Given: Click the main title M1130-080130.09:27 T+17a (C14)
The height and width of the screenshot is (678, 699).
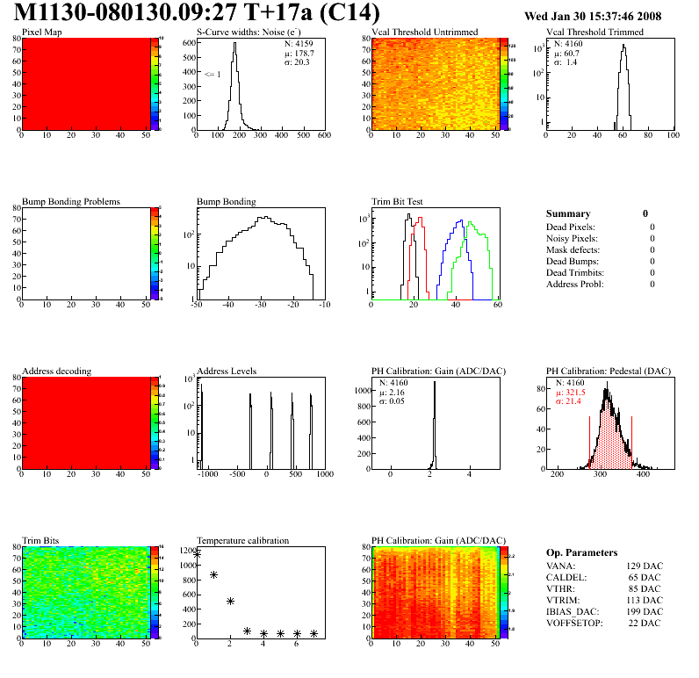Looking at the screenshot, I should click(x=198, y=14).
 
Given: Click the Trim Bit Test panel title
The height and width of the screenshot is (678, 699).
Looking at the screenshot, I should click(x=398, y=202).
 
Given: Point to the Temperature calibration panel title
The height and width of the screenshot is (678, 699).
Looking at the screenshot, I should click(x=242, y=541).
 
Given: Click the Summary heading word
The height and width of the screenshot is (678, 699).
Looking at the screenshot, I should click(x=568, y=213).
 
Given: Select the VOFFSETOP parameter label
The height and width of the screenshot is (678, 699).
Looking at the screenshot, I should click(x=576, y=624).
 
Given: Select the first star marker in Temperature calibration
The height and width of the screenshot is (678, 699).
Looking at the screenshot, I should click(x=198, y=554).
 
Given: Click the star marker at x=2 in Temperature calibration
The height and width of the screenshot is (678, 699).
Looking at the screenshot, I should click(x=230, y=602).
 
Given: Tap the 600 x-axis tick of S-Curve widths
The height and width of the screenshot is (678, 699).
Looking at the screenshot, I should click(x=324, y=136).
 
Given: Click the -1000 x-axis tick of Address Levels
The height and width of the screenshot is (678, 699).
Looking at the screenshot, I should click(x=207, y=474).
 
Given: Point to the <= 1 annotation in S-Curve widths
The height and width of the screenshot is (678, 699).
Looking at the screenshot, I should click(x=212, y=75).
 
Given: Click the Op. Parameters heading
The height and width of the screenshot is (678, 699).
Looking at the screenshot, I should click(x=581, y=553).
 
